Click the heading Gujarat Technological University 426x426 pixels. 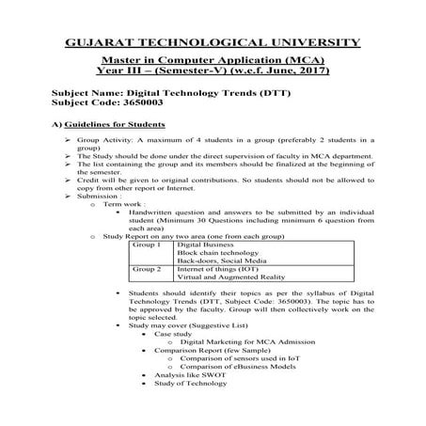(213, 41)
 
